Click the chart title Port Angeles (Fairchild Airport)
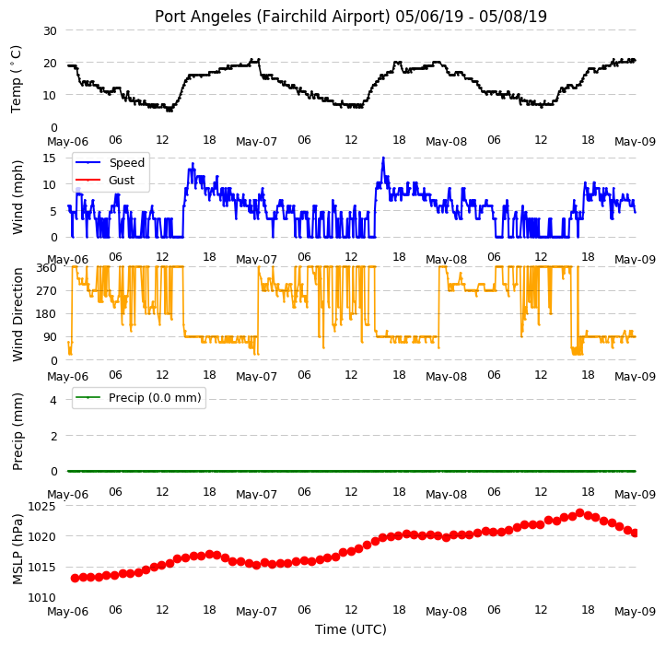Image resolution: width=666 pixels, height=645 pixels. tap(273, 17)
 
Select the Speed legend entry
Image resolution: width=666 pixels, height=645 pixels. tap(110, 163)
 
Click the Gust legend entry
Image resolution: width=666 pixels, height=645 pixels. tap(105, 181)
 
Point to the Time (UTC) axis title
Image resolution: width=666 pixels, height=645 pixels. tap(351, 629)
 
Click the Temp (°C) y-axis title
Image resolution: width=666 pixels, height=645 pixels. tap(17, 79)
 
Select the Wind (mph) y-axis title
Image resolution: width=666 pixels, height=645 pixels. tap(18, 197)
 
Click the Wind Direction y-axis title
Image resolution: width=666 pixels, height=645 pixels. tap(18, 315)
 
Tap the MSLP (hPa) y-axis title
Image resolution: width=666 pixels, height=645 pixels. tap(18, 549)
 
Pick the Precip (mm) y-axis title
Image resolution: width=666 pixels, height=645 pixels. tap(18, 432)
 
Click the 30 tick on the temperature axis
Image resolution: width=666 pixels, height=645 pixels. tap(50, 30)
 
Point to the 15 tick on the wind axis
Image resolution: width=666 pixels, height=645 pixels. tap(50, 158)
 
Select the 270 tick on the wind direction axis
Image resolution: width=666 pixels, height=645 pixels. tap(46, 290)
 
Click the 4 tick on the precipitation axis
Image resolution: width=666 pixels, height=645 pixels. tap(53, 400)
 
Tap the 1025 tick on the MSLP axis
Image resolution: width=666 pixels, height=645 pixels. tap(42, 507)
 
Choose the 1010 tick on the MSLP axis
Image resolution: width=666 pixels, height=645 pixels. tap(42, 597)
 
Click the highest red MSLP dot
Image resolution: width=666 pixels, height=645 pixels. tap(579, 513)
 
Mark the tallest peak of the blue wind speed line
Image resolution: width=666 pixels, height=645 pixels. tap(383, 158)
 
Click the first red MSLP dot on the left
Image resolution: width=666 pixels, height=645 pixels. tap(75, 578)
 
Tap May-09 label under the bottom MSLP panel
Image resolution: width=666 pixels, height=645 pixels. tap(635, 612)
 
